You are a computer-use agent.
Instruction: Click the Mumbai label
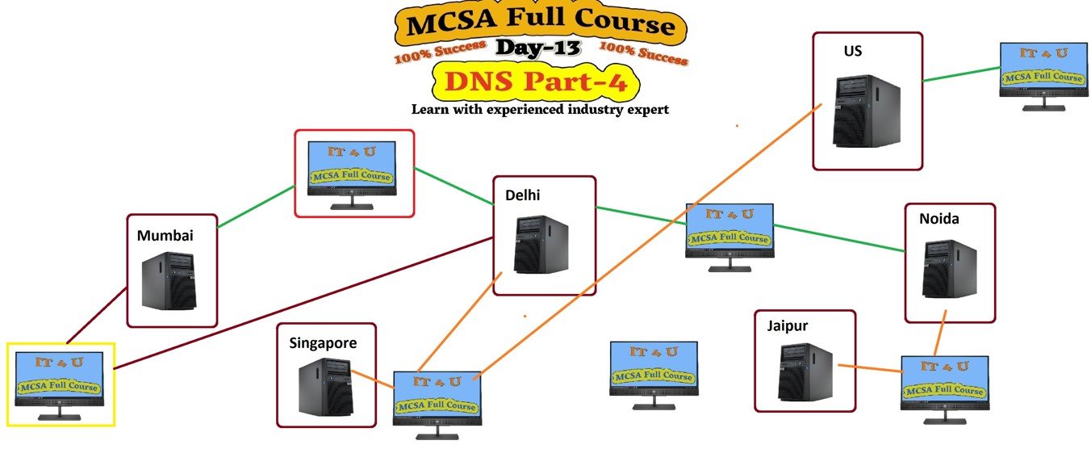pos(165,236)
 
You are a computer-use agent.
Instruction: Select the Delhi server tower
pos(540,245)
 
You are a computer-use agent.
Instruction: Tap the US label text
pos(852,51)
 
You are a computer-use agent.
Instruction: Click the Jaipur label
pos(787,326)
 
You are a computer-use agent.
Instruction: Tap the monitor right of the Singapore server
pos(437,402)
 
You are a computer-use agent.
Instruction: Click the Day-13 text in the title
pos(538,48)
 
